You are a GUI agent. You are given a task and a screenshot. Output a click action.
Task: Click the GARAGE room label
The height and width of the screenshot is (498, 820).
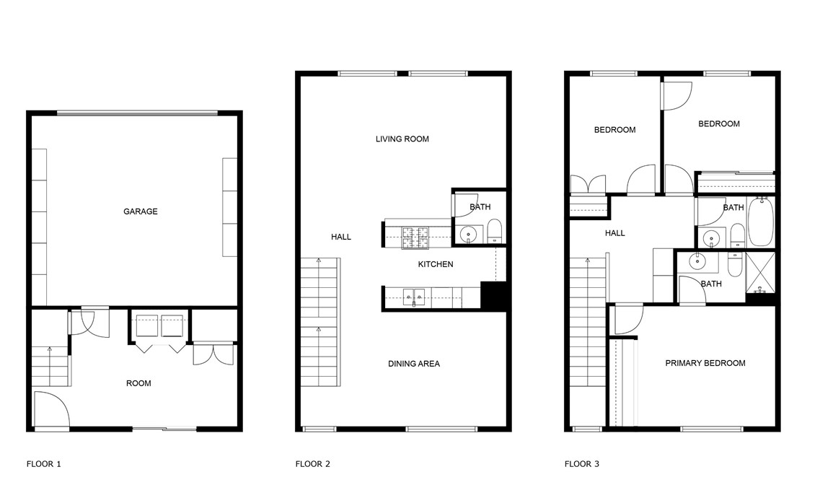click(x=140, y=211)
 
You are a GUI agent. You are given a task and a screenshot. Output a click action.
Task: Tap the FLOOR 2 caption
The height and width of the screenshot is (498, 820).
click(x=313, y=463)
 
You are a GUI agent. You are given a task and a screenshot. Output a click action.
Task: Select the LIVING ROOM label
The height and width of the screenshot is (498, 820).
click(x=402, y=139)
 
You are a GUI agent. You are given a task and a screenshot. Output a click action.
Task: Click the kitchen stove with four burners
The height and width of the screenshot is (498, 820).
click(x=415, y=237)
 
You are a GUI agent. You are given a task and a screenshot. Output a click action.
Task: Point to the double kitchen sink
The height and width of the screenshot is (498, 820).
click(x=414, y=297)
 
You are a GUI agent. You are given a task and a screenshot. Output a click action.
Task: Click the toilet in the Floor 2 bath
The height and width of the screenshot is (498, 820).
click(x=494, y=231)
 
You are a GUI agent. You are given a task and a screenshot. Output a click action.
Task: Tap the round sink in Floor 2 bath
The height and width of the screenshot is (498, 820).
click(x=468, y=235)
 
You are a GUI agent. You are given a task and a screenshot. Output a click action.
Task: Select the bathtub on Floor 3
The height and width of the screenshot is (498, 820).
click(x=761, y=222)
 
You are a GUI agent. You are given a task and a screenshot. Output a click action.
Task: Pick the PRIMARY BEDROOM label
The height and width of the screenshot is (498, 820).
click(x=705, y=363)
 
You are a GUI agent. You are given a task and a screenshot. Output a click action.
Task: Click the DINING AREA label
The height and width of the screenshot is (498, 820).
click(x=414, y=364)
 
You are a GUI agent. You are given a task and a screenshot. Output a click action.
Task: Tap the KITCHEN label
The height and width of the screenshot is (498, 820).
click(x=436, y=264)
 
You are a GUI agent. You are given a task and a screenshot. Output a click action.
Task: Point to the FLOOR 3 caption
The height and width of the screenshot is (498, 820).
click(x=582, y=463)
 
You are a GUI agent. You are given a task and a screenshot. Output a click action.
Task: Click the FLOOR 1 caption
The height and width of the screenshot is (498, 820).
click(x=44, y=463)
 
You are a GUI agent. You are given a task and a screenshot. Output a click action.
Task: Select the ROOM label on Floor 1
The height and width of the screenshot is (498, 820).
click(x=138, y=383)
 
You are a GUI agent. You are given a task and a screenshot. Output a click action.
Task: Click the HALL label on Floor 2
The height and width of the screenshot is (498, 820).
click(x=341, y=237)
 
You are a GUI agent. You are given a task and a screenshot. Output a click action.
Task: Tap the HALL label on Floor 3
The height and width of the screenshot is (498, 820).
click(x=615, y=233)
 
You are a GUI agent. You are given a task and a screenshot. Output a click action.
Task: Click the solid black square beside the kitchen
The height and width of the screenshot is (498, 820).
click(x=493, y=296)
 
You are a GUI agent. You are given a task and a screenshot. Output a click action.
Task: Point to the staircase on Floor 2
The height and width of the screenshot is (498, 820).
click(x=320, y=322)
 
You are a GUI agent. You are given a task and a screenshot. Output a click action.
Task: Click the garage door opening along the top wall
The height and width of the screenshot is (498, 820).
click(x=137, y=113)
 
